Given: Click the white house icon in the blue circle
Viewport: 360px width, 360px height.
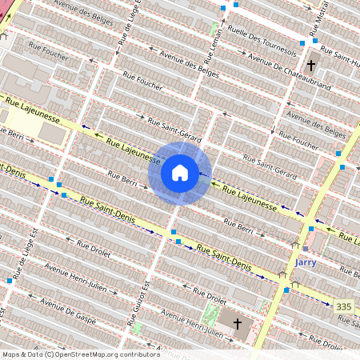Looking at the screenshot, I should click(x=180, y=173).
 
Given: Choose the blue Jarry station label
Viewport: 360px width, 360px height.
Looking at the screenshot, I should click(x=306, y=262).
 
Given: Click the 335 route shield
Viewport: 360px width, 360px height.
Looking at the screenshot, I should click(x=344, y=306).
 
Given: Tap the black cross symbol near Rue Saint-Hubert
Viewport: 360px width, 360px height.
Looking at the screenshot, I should click(x=311, y=66).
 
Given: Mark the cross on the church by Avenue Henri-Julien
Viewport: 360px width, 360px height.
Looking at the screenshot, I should click(x=238, y=323).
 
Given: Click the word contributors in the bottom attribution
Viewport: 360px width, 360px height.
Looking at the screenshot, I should click(x=138, y=354).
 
